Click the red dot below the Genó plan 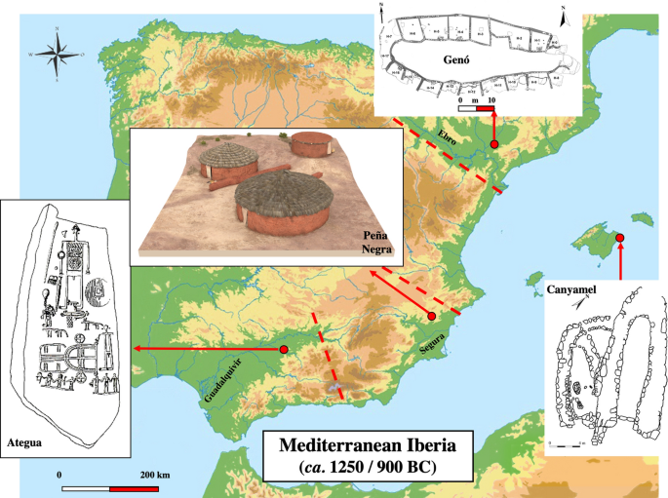(494, 144)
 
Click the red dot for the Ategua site (283, 349)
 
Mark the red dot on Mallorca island (620, 238)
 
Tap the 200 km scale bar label (155, 474)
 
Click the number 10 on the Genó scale (491, 99)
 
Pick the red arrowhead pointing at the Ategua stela (138, 348)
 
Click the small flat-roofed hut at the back (312, 146)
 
